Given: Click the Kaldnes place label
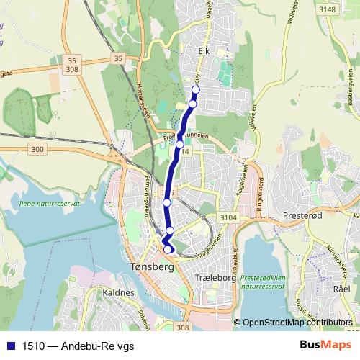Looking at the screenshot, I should click(118, 293).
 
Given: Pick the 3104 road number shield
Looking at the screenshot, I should click(228, 217).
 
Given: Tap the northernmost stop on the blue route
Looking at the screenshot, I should click(195, 91).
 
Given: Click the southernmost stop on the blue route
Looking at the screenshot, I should click(168, 249).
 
